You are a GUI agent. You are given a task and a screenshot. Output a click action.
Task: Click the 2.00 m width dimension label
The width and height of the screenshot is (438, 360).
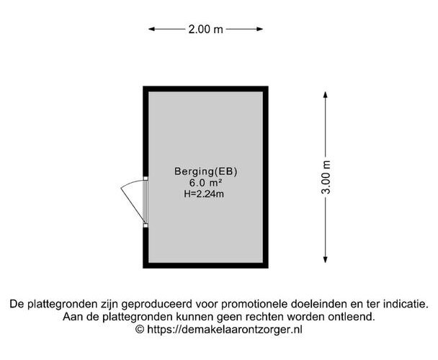(205, 29)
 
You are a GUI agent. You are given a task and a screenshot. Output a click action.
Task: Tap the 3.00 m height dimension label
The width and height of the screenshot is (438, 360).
(326, 177)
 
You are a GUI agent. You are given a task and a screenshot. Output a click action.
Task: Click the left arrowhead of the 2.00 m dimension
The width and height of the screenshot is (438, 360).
(151, 29)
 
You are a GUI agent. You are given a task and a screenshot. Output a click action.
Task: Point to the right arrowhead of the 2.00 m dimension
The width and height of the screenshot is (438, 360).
(260, 29)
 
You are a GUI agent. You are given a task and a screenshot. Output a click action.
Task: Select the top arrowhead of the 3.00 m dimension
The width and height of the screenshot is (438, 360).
(325, 94)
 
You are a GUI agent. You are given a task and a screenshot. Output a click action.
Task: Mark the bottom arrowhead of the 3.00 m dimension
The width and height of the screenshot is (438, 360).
(325, 260)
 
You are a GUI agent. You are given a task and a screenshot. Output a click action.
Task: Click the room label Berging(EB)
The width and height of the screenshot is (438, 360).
(206, 171)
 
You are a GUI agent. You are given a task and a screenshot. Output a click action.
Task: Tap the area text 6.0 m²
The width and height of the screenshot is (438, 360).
(206, 183)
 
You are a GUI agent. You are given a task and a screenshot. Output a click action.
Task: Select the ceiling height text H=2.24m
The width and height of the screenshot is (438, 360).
(204, 194)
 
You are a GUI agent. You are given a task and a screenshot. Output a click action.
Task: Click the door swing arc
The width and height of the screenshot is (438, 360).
(131, 183)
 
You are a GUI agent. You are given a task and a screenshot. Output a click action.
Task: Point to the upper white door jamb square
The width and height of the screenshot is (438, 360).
(146, 178)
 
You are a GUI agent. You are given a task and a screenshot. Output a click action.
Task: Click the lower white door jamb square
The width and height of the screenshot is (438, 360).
(146, 225)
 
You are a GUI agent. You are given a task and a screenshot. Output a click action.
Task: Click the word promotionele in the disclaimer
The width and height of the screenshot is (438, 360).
(254, 304)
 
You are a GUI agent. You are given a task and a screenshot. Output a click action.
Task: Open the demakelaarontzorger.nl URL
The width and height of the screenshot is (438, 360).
(225, 330)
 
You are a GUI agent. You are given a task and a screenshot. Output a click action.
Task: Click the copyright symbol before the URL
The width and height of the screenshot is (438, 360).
(140, 330)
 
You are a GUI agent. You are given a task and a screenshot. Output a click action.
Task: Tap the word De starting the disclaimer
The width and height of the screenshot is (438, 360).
(17, 304)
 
